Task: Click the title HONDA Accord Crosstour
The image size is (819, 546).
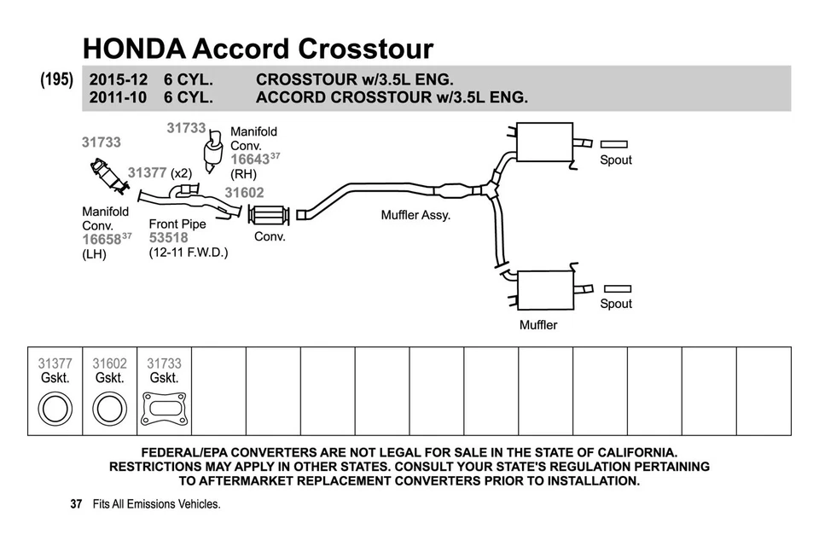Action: [x=258, y=48]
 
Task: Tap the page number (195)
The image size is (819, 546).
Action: [x=57, y=79]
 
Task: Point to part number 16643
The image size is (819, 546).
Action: [x=249, y=160]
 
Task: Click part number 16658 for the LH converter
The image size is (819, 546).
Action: [x=102, y=240]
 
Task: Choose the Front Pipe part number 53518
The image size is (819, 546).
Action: [x=168, y=238]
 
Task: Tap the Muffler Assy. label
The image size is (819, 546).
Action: [x=415, y=215]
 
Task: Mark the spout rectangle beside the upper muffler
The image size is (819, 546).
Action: [x=614, y=144]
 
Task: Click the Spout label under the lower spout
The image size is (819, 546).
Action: [x=616, y=304]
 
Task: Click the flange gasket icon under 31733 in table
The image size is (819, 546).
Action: [x=164, y=408]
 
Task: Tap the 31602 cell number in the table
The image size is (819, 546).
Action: [x=109, y=363]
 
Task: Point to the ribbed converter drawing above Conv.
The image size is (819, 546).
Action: [x=270, y=215]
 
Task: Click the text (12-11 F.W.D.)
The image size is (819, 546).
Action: [x=188, y=253]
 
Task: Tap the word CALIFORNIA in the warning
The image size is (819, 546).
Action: [x=629, y=452]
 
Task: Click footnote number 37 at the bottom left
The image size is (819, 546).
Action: [x=76, y=504]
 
